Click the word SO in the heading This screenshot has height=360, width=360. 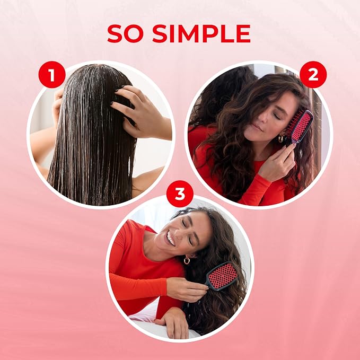(x=125, y=33)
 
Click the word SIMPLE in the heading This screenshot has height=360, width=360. (x=201, y=33)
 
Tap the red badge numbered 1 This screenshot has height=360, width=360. (x=52, y=75)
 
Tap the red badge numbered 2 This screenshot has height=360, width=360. (x=313, y=75)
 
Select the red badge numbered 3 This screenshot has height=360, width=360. (x=180, y=194)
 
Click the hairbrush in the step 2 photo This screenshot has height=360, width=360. (x=301, y=127)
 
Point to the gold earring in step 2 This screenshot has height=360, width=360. (x=281, y=139)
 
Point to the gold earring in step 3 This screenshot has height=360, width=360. (x=187, y=260)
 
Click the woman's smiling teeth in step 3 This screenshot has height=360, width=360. (x=170, y=239)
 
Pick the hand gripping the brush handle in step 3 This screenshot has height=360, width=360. (x=187, y=289)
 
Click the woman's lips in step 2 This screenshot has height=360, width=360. (x=257, y=127)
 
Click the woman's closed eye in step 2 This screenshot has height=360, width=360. (x=277, y=117)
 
